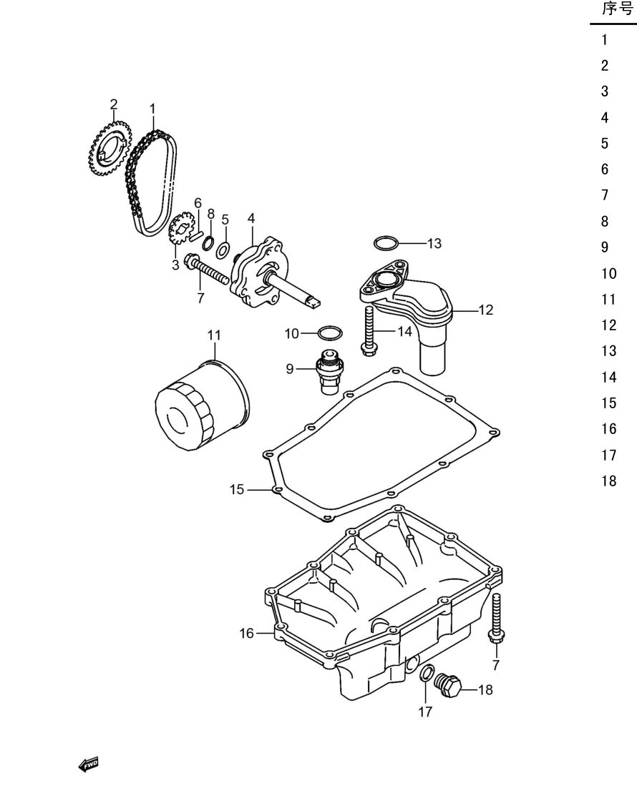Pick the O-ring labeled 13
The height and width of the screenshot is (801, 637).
[386, 244]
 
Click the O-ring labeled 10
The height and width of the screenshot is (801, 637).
[330, 333]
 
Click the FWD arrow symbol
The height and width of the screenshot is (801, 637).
[88, 765]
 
